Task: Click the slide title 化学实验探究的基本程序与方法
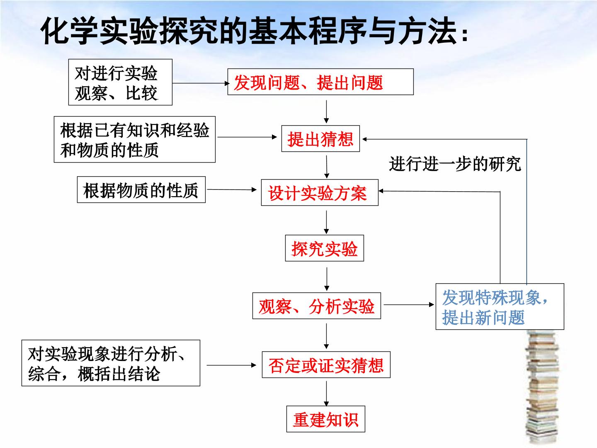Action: coord(254,30)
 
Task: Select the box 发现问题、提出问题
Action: coord(320,82)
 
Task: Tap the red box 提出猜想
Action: coord(320,139)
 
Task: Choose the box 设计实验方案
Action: coord(320,192)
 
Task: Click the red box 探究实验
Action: coord(324,248)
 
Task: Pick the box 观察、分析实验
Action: coord(317,306)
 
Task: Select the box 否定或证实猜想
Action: coord(326,365)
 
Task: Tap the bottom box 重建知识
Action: coord(325,419)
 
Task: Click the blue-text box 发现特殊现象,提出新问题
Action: coord(500,307)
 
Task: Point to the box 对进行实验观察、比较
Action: coord(120,82)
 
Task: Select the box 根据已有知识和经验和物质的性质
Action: coord(135,139)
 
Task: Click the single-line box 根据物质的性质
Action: coord(141,190)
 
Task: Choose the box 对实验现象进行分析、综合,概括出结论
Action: coord(111,363)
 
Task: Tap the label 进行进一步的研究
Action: coord(455,164)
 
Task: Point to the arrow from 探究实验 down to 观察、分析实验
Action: coord(327,279)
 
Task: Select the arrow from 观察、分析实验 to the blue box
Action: coord(409,304)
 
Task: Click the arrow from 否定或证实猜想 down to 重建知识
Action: coord(326,394)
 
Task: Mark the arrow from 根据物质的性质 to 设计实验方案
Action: coord(232,190)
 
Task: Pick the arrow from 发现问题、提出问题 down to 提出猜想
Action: coord(326,112)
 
